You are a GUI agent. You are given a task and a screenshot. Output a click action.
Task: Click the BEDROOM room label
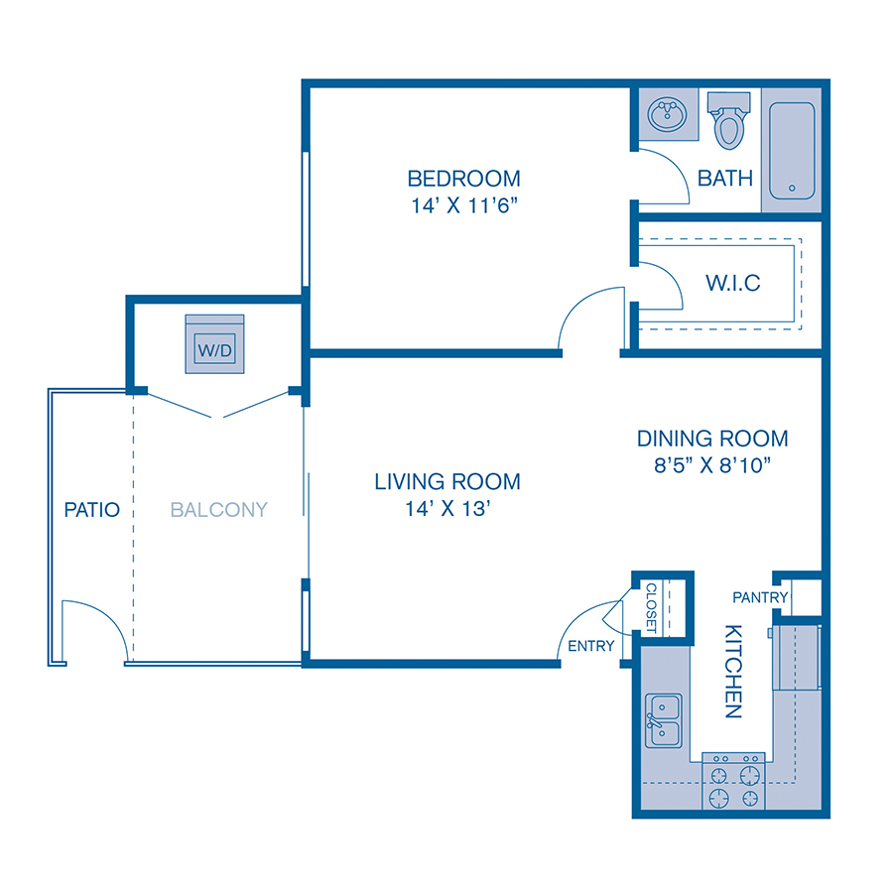(x=463, y=179)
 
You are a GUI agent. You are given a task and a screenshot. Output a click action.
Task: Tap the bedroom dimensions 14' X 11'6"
(x=463, y=208)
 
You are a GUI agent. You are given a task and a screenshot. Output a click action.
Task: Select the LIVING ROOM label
(x=446, y=482)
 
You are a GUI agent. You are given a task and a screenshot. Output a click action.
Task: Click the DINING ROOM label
(x=712, y=438)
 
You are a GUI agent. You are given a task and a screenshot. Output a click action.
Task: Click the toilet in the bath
(x=730, y=122)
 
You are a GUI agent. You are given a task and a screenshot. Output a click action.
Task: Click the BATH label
(x=725, y=179)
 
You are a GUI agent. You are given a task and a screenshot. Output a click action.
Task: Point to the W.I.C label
(x=733, y=283)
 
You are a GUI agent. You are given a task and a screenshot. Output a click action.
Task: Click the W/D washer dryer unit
(x=215, y=345)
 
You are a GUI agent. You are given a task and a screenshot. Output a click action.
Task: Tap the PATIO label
(x=91, y=510)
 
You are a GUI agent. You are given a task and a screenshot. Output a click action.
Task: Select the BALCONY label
(x=219, y=510)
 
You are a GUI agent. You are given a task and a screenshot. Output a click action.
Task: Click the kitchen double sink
(x=663, y=720)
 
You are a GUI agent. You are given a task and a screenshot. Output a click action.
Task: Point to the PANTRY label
(x=760, y=597)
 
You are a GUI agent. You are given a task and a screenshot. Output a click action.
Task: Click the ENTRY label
(x=591, y=646)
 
